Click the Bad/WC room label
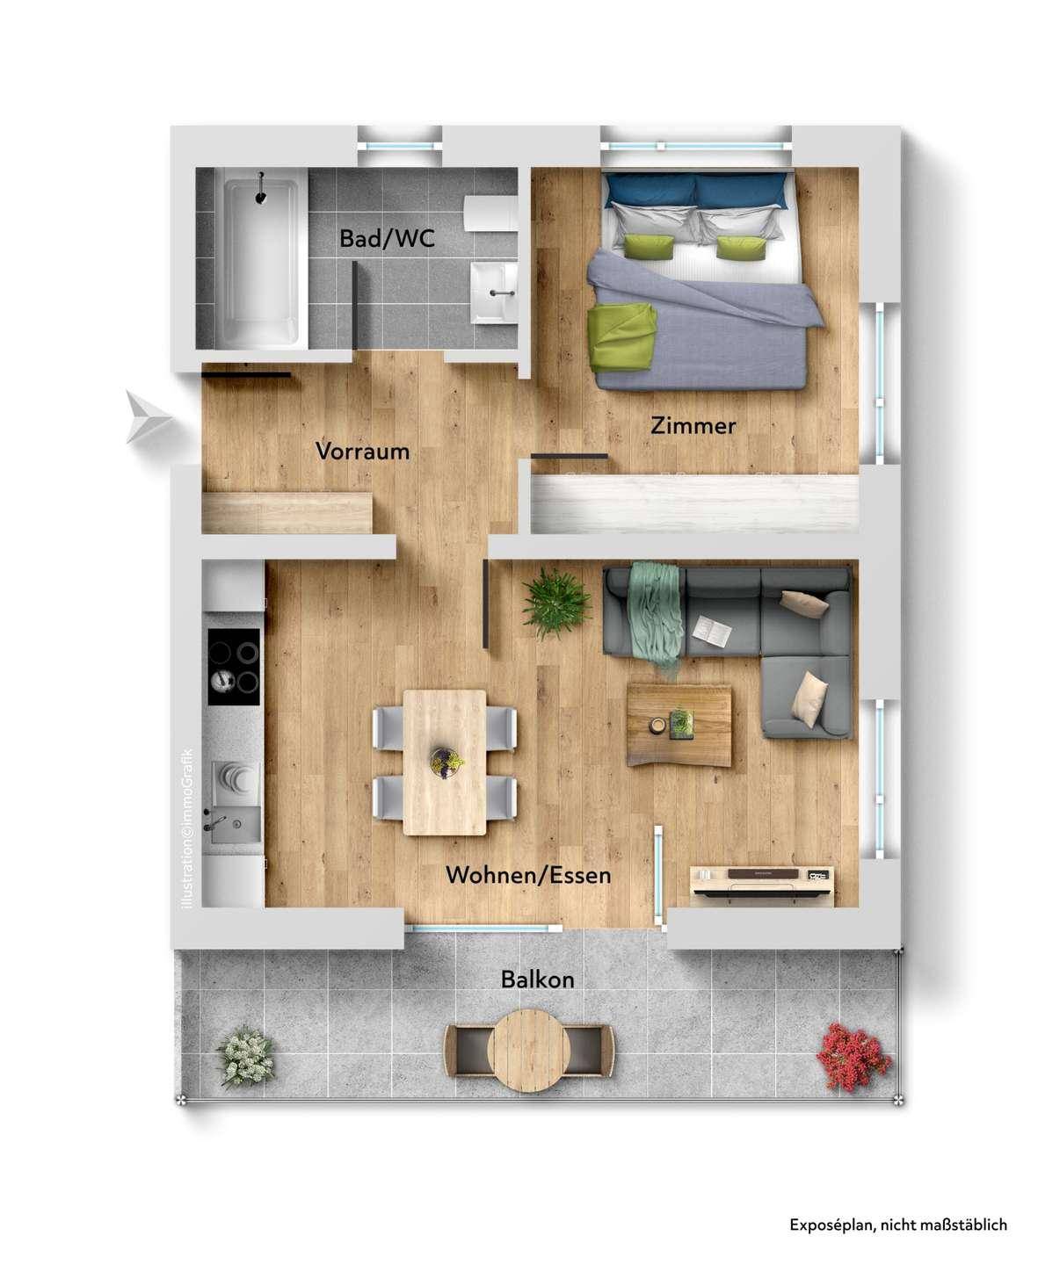[387, 239]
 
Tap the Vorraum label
[362, 452]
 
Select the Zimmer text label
[693, 426]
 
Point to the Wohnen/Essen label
[528, 875]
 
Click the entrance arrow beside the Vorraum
[149, 416]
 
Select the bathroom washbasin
[494, 293]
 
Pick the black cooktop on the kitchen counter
[234, 667]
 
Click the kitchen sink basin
[232, 825]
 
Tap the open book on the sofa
[712, 632]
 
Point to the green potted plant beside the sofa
[555, 604]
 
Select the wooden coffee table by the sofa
[679, 725]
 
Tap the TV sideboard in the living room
[762, 884]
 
